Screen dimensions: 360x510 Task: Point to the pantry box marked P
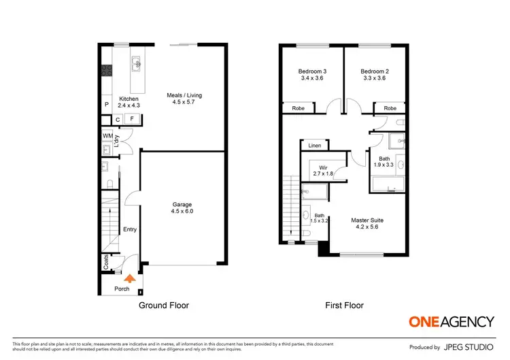pos(106,105)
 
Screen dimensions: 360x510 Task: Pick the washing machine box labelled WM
pos(107,136)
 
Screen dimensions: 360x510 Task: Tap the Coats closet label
pos(106,261)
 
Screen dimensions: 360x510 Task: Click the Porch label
pos(122,289)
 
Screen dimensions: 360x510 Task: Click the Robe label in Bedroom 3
pos(299,108)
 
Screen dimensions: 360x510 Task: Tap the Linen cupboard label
pos(314,146)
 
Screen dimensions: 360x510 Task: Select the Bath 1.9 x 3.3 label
pos(385,161)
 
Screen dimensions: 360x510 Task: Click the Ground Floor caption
pos(164,306)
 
